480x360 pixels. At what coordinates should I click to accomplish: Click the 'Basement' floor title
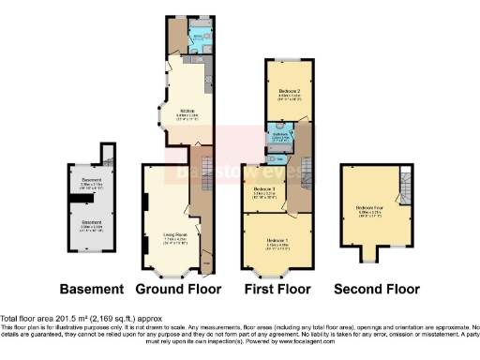[x=92, y=288]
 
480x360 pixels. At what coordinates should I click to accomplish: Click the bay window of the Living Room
[x=171, y=273]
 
